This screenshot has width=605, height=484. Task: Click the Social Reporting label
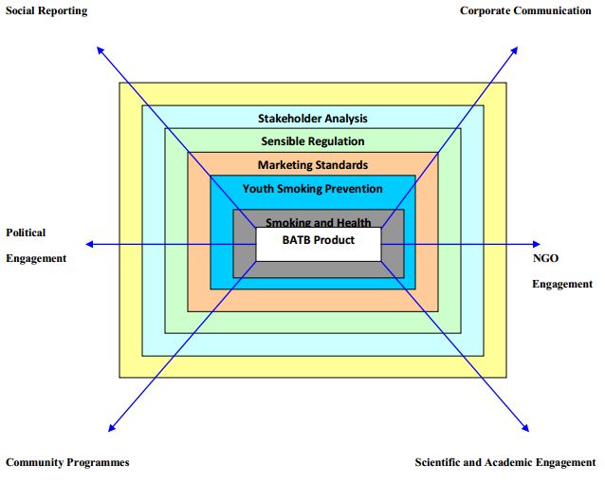(46, 10)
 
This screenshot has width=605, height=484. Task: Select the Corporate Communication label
(525, 10)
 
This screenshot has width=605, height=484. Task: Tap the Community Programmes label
(67, 462)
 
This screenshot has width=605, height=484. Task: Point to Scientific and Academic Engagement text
(505, 462)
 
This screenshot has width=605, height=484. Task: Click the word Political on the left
(26, 233)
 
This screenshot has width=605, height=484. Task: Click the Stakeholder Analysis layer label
(313, 119)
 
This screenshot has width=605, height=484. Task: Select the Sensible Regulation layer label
(313, 141)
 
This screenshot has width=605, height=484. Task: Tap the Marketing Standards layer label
(313, 165)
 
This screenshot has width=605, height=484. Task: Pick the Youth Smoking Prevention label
(313, 189)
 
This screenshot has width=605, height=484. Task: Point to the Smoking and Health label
(319, 222)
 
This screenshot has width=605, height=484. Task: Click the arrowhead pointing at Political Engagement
(87, 244)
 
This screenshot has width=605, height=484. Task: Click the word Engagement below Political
(36, 258)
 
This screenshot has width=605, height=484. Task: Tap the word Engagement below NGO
(562, 284)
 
